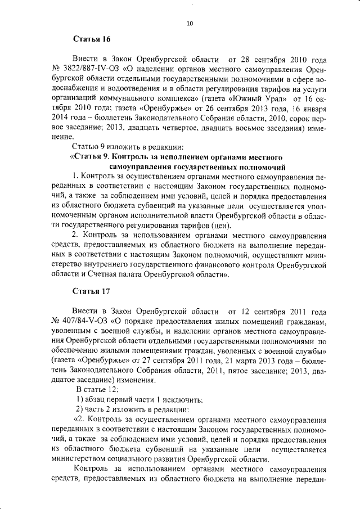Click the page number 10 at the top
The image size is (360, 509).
(x=189, y=23)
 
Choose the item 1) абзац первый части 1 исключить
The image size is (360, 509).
(x=139, y=399)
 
